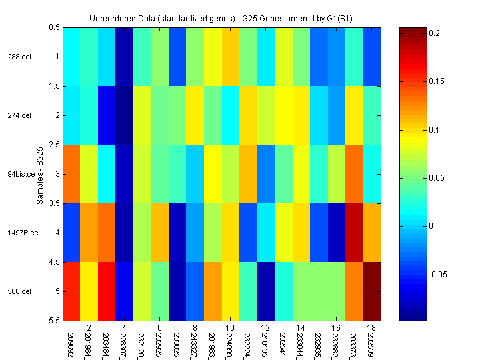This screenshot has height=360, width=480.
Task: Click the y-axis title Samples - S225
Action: [x=40, y=174]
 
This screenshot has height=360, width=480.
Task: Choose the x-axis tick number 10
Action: [x=229, y=328]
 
